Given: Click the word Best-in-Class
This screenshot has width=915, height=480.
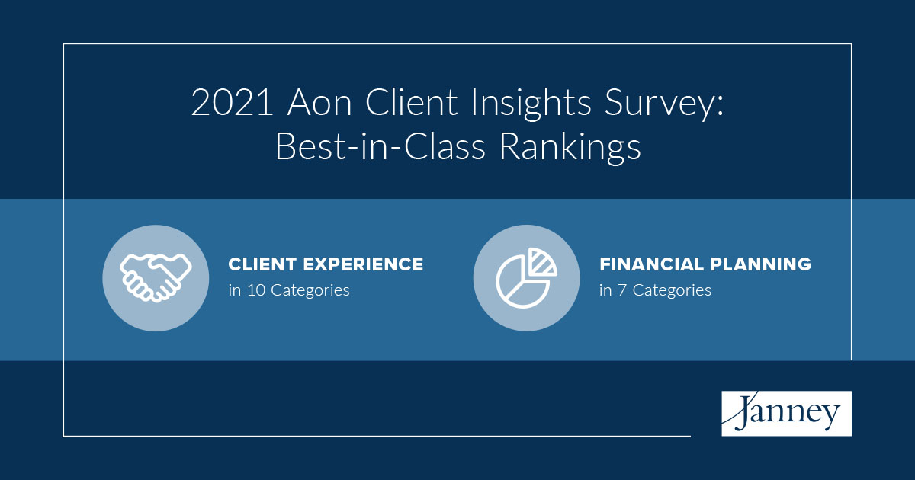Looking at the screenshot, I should coord(380,147).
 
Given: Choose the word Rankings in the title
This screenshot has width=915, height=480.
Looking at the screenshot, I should coord(570,147).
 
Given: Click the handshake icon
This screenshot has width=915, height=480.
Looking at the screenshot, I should coord(155,278).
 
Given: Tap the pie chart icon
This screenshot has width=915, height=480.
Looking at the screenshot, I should coord(525,278).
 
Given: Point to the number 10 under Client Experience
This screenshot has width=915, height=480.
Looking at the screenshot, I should coord(255,290).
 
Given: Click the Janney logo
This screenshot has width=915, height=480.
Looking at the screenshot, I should coord(786,414).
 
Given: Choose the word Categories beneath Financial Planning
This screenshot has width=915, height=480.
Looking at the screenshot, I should coord(672,290).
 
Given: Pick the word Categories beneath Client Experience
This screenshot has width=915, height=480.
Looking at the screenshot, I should coord(310,290).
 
